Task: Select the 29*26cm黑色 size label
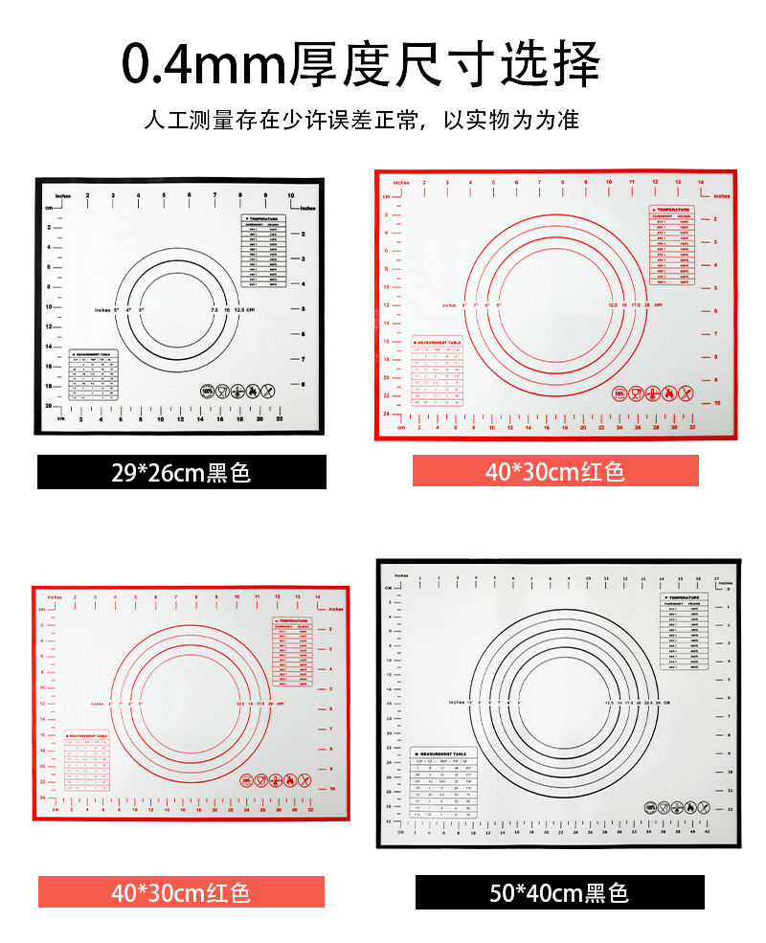point(181,472)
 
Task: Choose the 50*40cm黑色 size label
point(559,892)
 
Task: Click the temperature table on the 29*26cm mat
point(264,252)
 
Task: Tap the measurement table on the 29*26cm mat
point(95,374)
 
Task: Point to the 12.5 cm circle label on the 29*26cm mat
point(244,310)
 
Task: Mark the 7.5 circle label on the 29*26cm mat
point(214,310)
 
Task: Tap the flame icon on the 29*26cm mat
point(253,391)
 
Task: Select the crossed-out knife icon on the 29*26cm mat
point(268,391)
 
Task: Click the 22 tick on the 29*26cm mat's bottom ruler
point(279,418)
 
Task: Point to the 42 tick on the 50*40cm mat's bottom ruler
point(707,831)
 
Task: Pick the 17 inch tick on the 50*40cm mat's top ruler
point(717,578)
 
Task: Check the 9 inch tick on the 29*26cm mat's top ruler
point(265,195)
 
